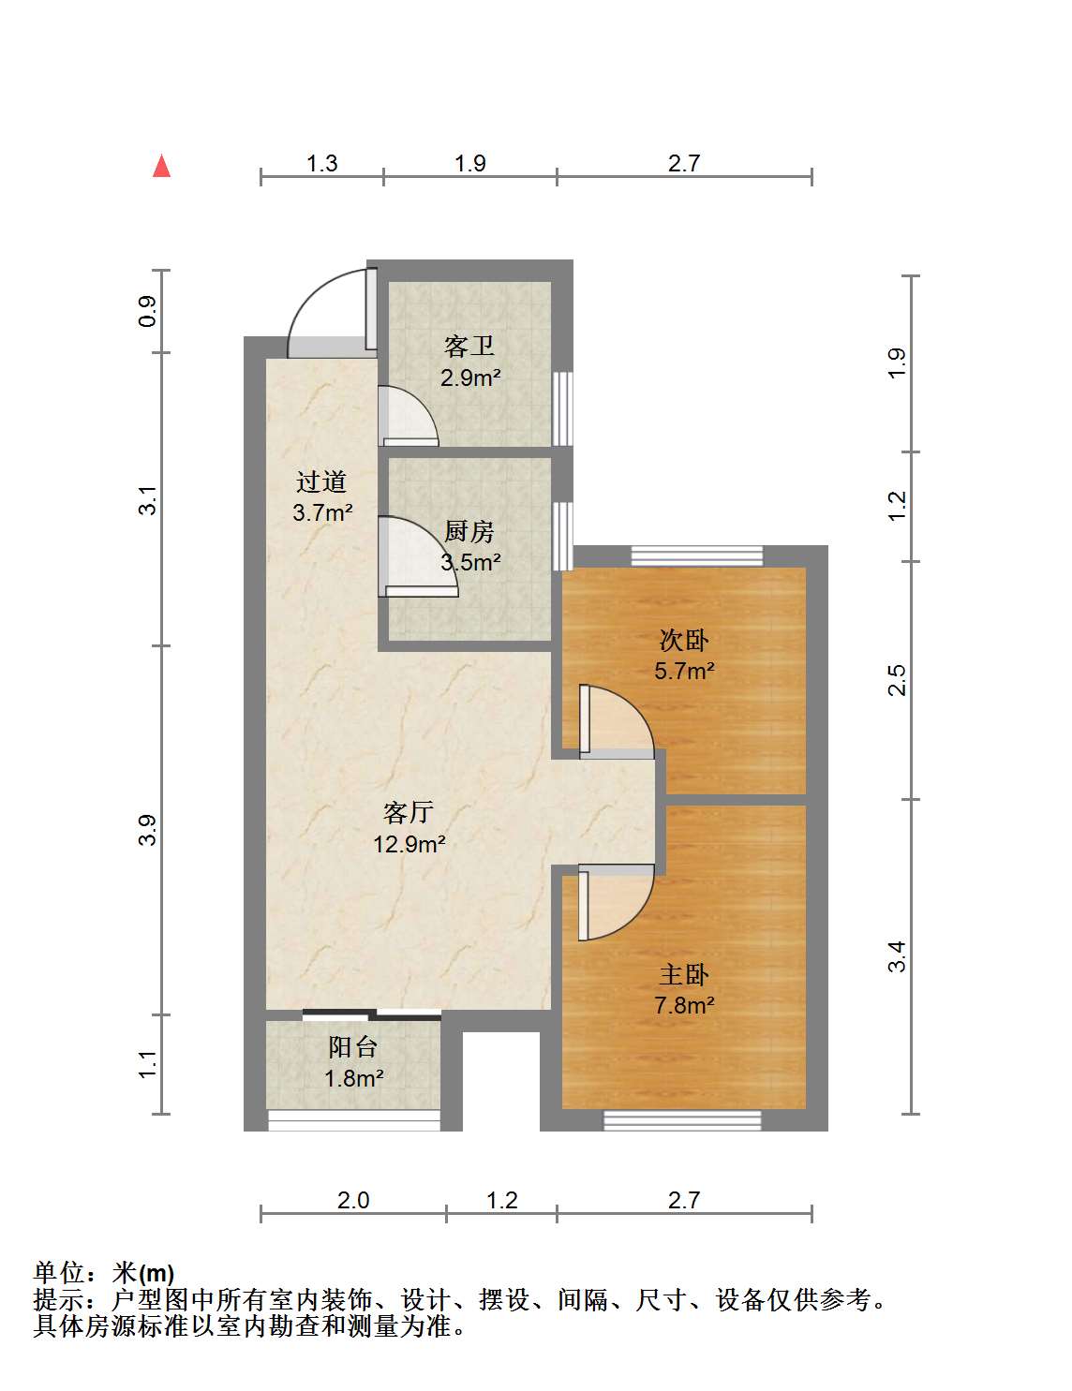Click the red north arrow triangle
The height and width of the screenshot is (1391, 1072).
(161, 166)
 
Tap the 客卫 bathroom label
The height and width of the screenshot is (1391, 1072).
(469, 347)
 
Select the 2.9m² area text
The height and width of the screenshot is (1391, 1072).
(470, 378)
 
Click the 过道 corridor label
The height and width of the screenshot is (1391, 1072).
(321, 481)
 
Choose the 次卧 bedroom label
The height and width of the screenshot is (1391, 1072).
(684, 640)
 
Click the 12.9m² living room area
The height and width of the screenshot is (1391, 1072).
(409, 844)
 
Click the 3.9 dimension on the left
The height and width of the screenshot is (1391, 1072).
(147, 830)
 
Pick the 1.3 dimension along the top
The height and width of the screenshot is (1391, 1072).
(321, 163)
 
